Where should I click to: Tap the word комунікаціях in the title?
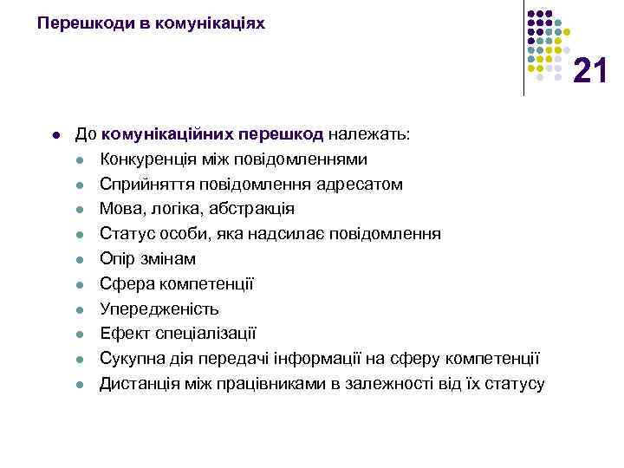click(x=210, y=23)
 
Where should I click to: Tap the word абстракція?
click(x=252, y=209)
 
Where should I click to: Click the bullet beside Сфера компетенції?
click(x=78, y=284)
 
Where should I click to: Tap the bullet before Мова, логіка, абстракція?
click(x=78, y=210)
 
